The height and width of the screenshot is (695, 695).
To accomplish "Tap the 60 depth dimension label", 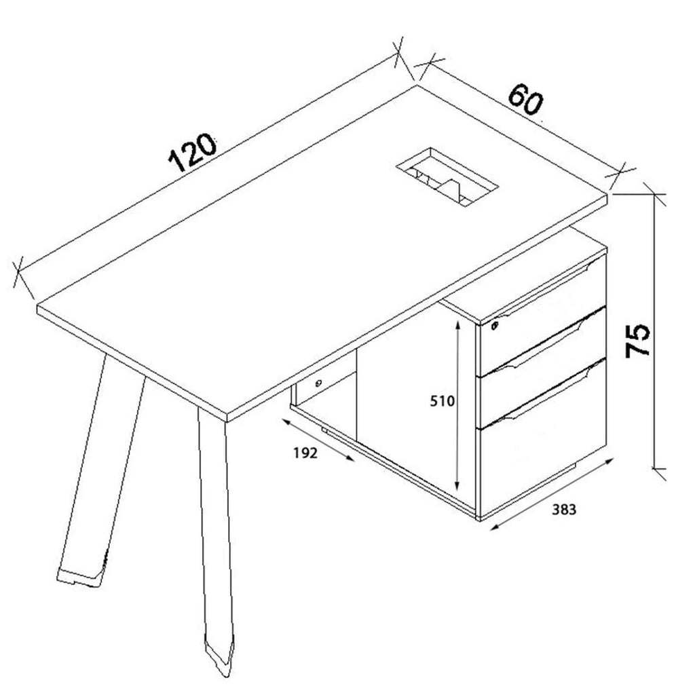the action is point(526,100).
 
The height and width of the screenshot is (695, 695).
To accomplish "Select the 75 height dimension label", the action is point(637,341).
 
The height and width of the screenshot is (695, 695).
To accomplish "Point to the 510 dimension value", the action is point(443,400).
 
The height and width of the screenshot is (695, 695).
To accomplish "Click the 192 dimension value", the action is point(305,453).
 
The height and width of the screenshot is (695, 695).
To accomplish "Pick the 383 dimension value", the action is point(564,510).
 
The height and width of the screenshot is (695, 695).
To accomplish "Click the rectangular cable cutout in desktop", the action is point(447,177).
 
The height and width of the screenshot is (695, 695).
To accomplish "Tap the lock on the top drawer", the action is point(495,326).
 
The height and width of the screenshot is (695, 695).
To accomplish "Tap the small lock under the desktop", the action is point(319,383).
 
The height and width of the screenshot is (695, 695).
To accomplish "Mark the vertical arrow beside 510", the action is point(458,406).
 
